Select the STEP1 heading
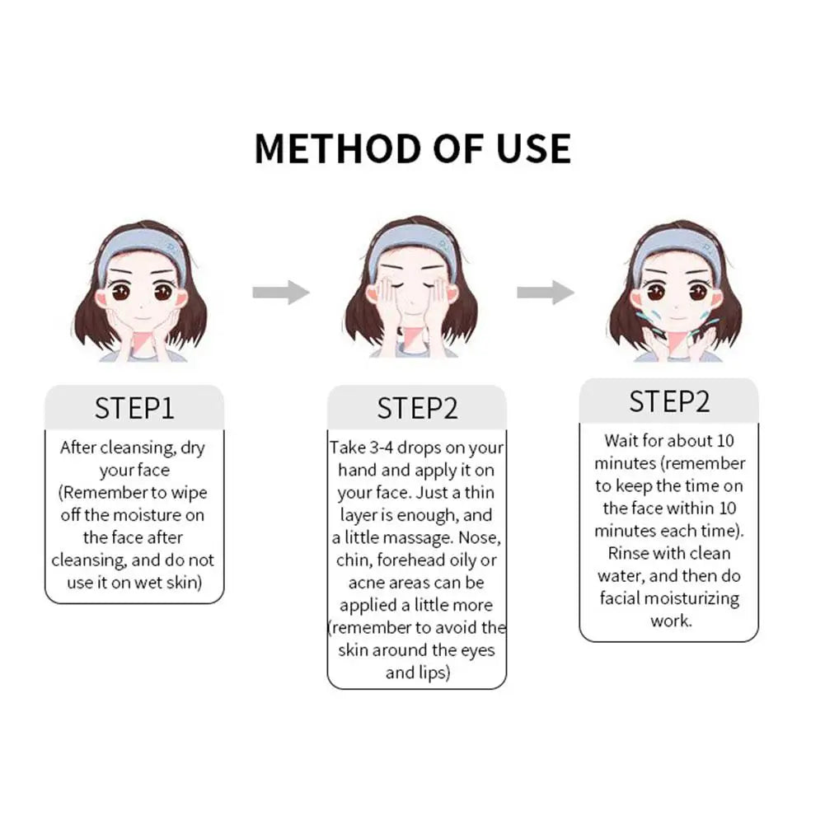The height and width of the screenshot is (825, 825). [x=134, y=408]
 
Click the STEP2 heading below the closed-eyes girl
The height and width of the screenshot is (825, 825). [x=417, y=408]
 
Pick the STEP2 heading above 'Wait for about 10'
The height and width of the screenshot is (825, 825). [x=669, y=401]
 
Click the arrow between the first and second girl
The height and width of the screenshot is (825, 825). [x=281, y=292]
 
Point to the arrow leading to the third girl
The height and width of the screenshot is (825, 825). [x=546, y=292]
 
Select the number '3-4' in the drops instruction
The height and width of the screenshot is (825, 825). [x=382, y=448]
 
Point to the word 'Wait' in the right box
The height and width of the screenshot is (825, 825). [x=621, y=440]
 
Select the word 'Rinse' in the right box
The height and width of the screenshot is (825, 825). [x=627, y=554]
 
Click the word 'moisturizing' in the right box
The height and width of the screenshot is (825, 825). [x=691, y=598]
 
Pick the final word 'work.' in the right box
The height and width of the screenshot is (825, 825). [x=671, y=621]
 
